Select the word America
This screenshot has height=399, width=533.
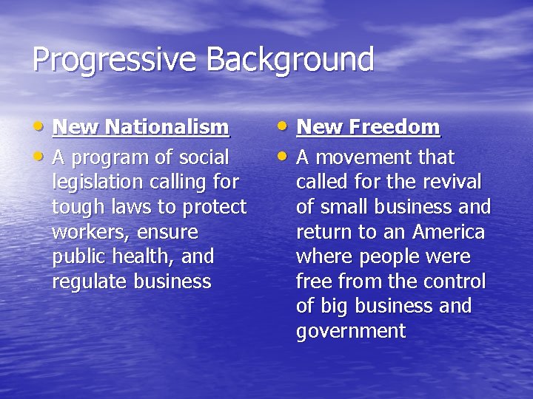[449, 232]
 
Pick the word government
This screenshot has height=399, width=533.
[350, 332]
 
